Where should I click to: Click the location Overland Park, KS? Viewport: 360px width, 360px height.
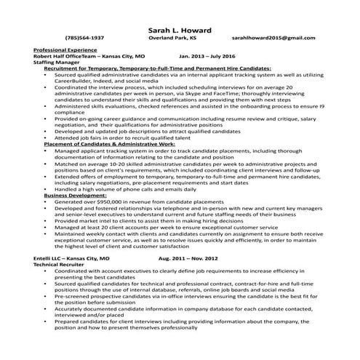182,36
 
